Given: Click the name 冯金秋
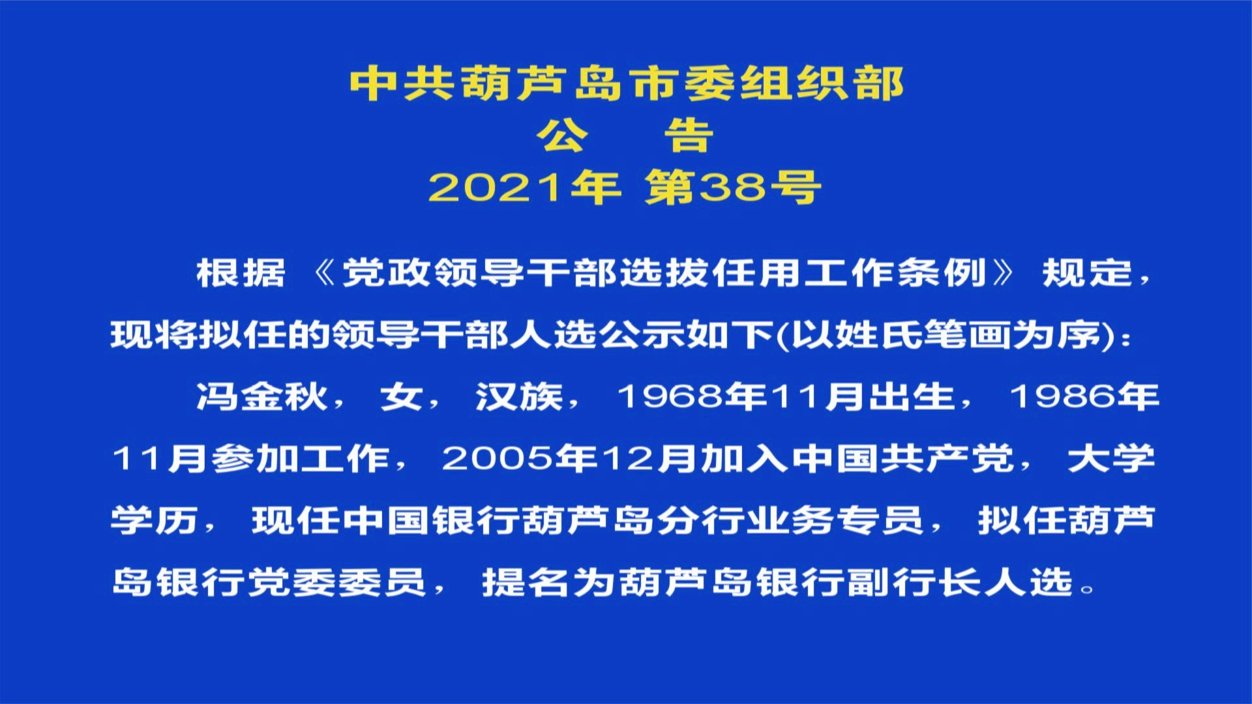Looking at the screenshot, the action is click(261, 396).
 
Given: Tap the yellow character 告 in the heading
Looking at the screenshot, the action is click(689, 136).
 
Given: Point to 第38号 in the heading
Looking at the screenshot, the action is click(732, 188).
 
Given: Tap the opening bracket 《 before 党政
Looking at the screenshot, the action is click(323, 272).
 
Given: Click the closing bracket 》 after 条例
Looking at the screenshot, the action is click(1002, 272).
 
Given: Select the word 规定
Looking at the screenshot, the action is click(1087, 272).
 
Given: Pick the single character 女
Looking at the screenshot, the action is click(401, 396).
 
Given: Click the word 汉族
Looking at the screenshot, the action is click(519, 396).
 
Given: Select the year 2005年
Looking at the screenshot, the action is click(520, 458).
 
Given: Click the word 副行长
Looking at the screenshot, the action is click(915, 581).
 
